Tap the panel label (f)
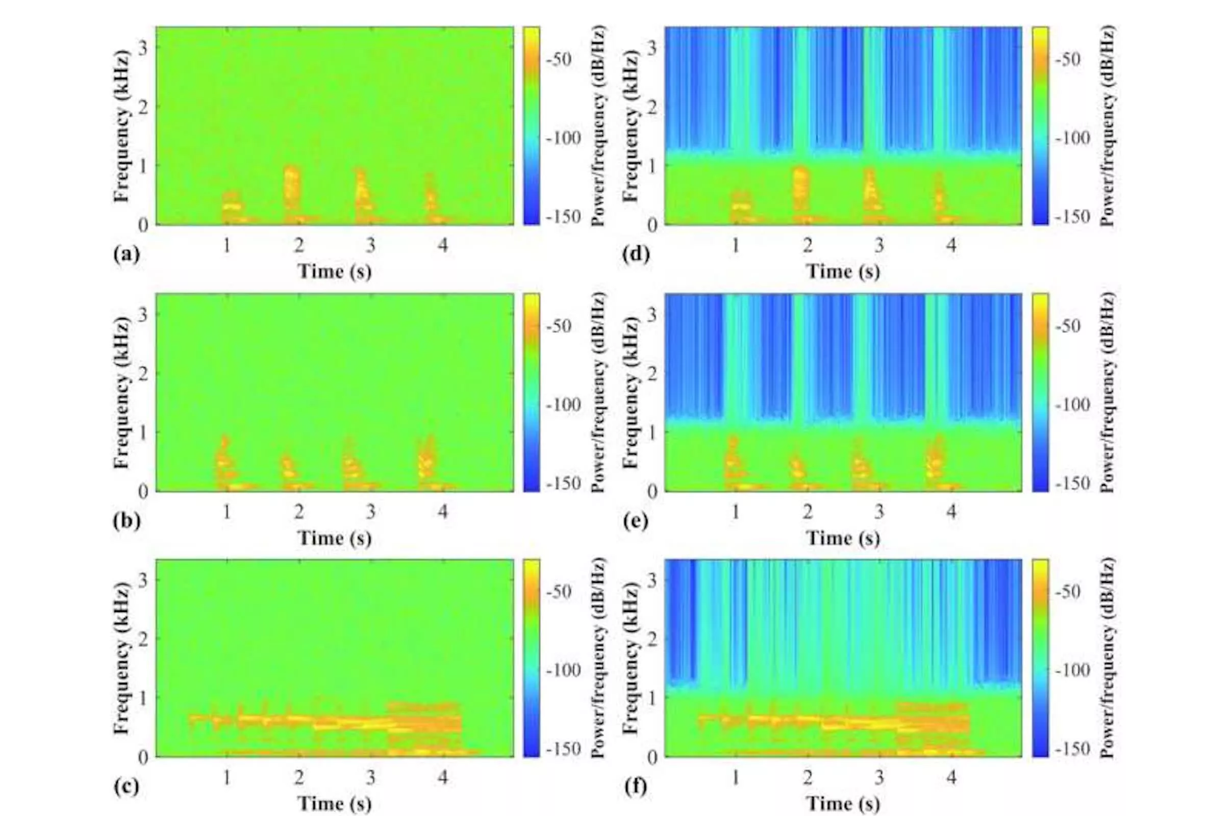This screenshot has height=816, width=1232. tap(636, 786)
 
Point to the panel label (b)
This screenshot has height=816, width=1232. tap(127, 521)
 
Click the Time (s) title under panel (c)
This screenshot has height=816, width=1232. tap(334, 803)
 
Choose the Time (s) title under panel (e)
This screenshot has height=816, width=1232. tap(843, 538)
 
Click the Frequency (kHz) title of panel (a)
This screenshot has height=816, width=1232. tap(121, 126)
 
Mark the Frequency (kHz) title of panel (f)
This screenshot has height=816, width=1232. tap(631, 658)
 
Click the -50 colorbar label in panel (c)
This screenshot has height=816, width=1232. tap(559, 592)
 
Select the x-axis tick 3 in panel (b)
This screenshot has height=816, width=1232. tap(370, 512)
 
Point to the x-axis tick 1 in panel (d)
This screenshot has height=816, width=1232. tap(736, 245)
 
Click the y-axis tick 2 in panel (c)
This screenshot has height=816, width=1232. tap(143, 639)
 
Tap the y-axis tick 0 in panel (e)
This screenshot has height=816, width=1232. tap(652, 492)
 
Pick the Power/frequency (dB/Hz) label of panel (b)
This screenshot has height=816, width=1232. tap(599, 392)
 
